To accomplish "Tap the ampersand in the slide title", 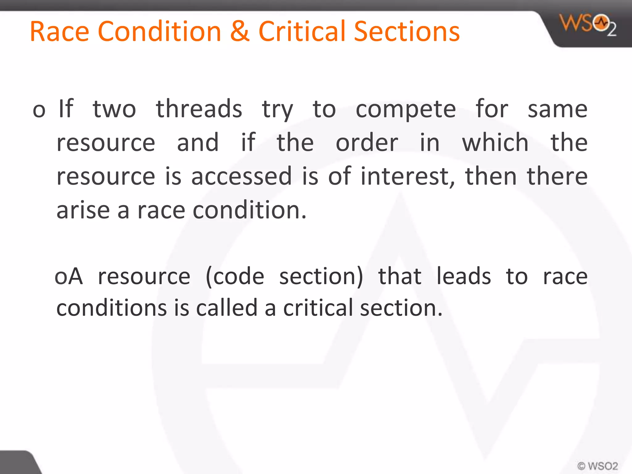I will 240,31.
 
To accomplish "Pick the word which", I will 495,143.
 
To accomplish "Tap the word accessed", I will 241,176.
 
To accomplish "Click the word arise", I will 83,210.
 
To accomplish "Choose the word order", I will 367,143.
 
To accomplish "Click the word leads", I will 464,276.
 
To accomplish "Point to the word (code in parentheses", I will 235,276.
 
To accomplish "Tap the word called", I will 227,308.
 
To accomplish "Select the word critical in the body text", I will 318,308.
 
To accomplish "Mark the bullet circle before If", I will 39,110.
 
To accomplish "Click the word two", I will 114,110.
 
